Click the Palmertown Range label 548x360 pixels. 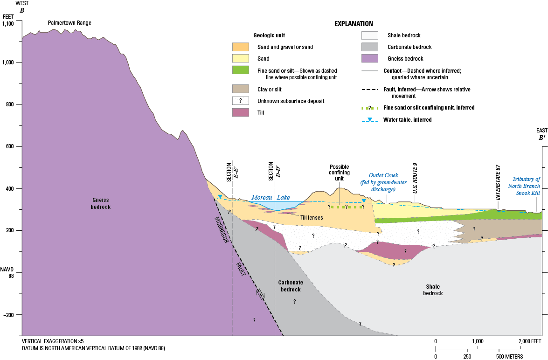(x=69, y=23)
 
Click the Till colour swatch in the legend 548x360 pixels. (x=241, y=112)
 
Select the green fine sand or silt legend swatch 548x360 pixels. (x=241, y=70)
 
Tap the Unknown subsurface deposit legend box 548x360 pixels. (x=241, y=101)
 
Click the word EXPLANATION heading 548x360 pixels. (x=354, y=23)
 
